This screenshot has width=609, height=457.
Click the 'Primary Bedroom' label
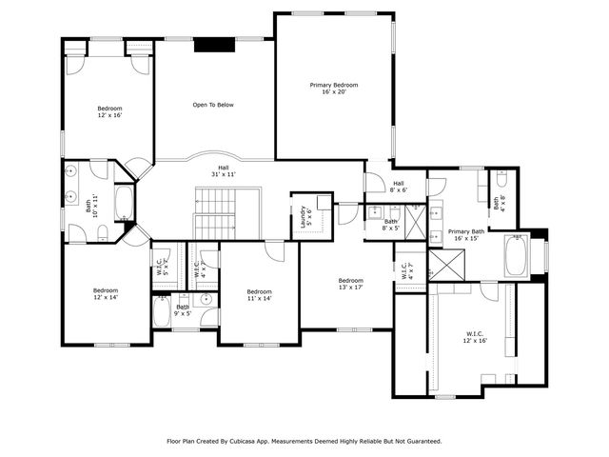[333, 89]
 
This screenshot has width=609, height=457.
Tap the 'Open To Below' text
[212, 105]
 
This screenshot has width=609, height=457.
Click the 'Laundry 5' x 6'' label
[306, 215]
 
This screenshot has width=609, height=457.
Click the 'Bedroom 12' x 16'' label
[109, 113]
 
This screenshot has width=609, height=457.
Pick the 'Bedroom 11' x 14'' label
[259, 295]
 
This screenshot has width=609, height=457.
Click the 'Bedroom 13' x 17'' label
[350, 285]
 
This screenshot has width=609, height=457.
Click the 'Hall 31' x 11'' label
[223, 171]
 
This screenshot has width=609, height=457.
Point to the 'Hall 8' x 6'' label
[398, 187]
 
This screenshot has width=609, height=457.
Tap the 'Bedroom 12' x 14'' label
[105, 294]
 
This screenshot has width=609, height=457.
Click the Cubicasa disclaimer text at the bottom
[304, 441]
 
